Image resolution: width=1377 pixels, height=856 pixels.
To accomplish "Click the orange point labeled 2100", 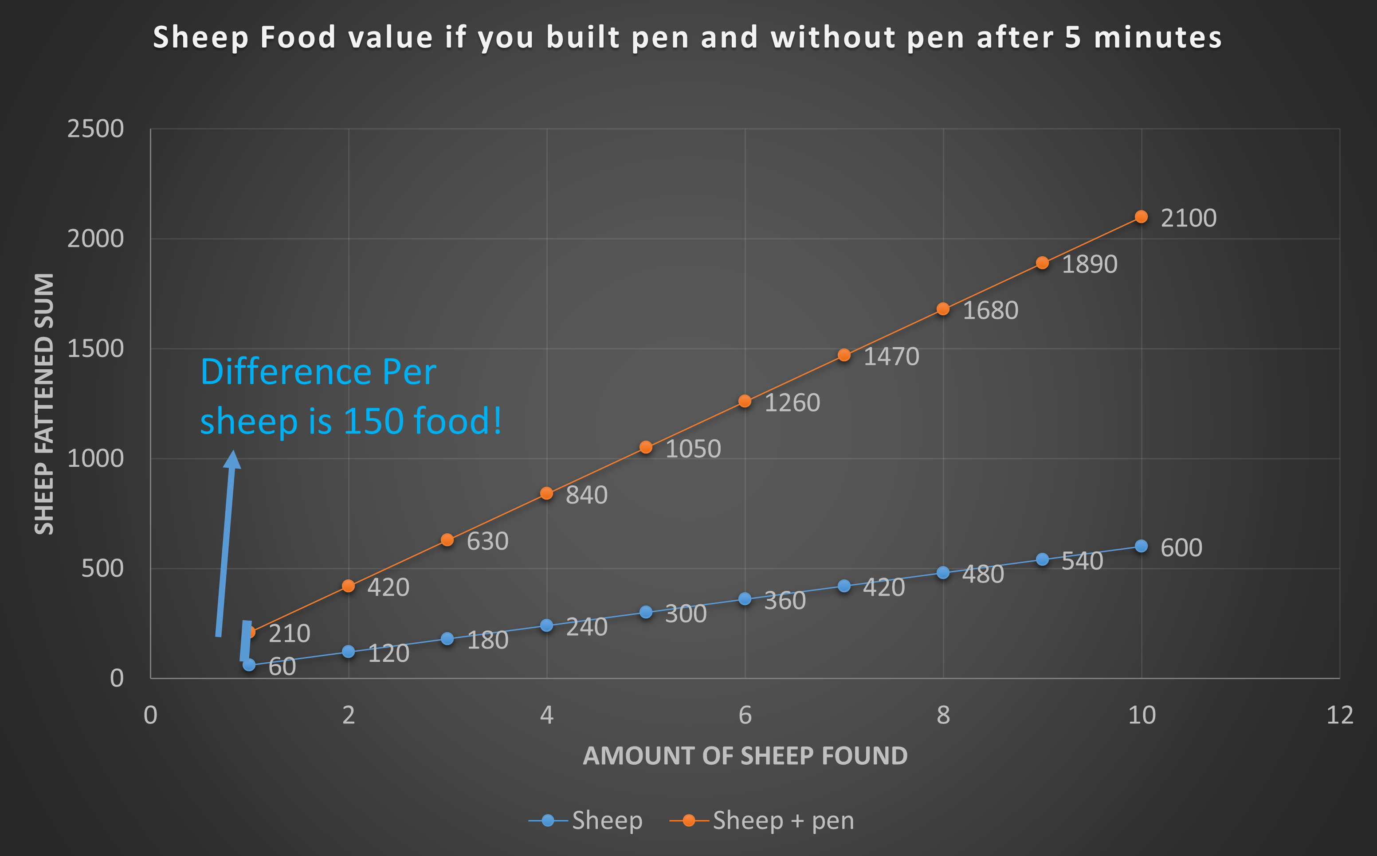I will [x=1141, y=217].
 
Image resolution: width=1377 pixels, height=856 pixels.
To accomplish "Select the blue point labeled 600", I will [x=1141, y=546].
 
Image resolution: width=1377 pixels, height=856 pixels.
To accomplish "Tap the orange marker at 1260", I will [x=745, y=401].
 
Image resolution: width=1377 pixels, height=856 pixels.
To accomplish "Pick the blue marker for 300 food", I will [x=645, y=612].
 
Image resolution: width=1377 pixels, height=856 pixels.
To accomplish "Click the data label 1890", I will [x=1089, y=264].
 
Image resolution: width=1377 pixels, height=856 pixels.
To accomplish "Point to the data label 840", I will [x=587, y=495].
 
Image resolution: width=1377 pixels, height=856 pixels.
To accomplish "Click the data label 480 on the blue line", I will [x=983, y=575].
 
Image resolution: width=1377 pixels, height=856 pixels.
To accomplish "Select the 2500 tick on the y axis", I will [x=95, y=129].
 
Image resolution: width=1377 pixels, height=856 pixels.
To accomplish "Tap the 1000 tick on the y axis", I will [x=95, y=458].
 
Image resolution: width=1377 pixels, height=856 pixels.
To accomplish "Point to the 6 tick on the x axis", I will [x=745, y=715].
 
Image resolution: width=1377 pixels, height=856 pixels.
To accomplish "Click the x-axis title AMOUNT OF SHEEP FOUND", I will [x=745, y=756].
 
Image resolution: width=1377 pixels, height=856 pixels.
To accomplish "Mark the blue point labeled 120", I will [x=348, y=652].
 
